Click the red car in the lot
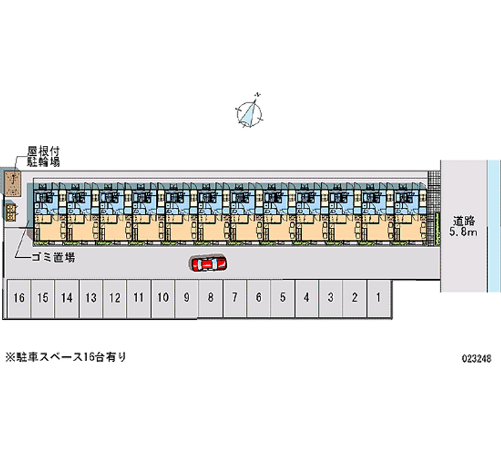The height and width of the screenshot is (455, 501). tap(209, 264)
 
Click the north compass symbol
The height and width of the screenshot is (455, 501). tap(250, 112)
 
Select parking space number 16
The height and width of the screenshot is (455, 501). tap(19, 298)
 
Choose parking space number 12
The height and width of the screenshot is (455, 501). tap(115, 298)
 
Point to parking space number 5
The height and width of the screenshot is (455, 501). tap(282, 298)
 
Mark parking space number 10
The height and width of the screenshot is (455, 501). tap(163, 298)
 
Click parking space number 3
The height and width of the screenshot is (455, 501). tap(330, 298)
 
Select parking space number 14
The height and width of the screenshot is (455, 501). tap(67, 298)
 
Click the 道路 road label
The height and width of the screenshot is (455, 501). tap(463, 220)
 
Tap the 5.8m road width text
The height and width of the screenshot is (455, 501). tap(463, 233)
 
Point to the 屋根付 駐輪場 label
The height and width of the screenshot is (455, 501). tap(43, 157)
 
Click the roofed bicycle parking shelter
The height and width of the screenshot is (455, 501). tap(12, 183)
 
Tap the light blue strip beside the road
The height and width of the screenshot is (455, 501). tap(493, 225)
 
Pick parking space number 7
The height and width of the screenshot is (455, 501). tap(234, 298)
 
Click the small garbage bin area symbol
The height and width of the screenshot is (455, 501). tap(11, 212)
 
